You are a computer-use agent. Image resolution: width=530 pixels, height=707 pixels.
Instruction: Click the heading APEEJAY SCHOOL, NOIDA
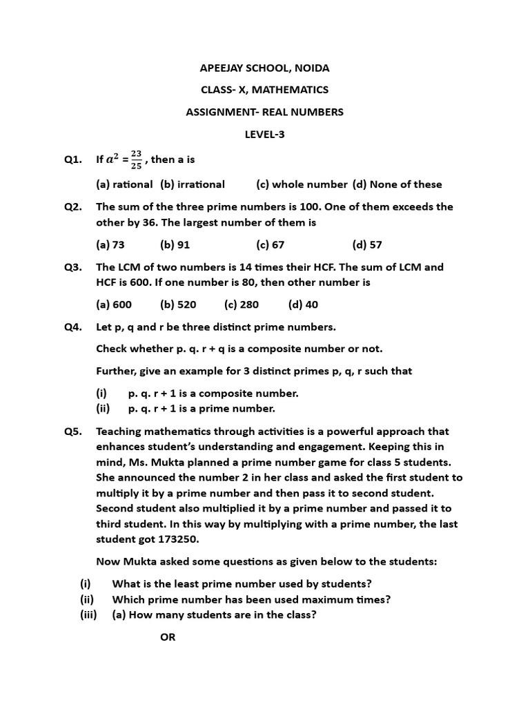click(264, 68)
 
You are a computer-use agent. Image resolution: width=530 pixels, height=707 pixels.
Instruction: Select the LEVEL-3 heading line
click(264, 134)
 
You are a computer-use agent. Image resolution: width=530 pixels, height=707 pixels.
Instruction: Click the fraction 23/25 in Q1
click(136, 160)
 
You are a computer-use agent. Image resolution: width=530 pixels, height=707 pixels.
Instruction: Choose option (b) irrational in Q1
click(193, 184)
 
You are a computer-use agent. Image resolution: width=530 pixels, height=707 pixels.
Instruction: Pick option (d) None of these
click(397, 184)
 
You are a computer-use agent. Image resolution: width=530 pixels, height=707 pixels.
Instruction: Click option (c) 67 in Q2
click(270, 244)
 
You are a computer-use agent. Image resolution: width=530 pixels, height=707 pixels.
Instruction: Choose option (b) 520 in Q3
click(178, 304)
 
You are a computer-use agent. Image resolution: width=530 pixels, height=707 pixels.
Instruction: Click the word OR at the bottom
click(168, 637)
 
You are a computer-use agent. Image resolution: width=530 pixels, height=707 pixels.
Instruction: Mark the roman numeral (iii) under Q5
click(88, 614)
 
